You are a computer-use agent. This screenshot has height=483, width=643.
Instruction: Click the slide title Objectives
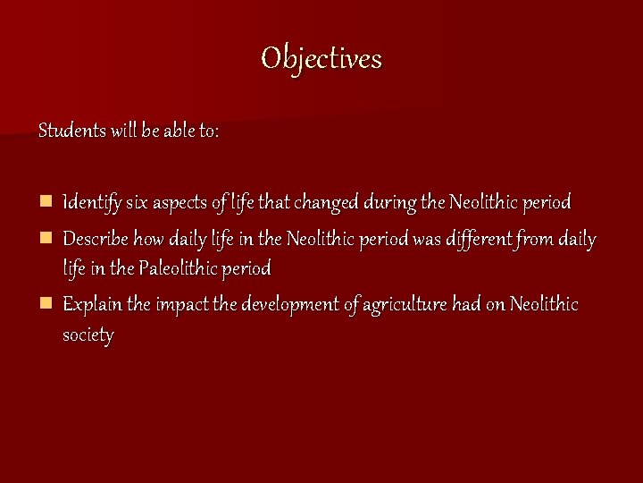(321, 59)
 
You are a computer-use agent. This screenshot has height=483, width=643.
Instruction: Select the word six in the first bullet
(137, 203)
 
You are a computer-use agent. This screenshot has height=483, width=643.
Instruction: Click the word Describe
(96, 240)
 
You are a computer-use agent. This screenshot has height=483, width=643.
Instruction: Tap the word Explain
(92, 305)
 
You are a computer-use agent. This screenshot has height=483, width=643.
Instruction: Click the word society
(88, 335)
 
